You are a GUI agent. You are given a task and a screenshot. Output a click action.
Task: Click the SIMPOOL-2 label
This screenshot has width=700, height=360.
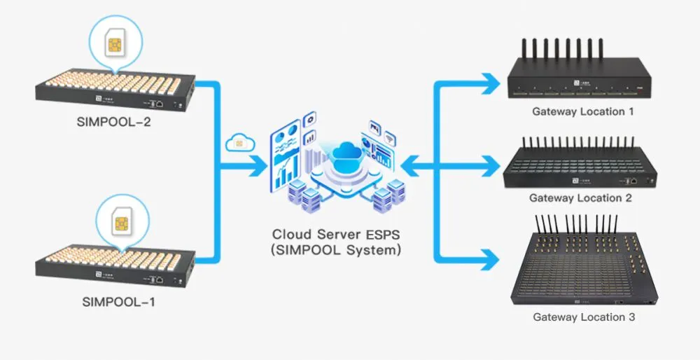click(x=114, y=122)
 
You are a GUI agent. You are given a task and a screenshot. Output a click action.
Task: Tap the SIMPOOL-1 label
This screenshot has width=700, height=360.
click(x=119, y=302)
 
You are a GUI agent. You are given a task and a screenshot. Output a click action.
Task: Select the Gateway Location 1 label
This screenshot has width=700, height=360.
click(x=582, y=111)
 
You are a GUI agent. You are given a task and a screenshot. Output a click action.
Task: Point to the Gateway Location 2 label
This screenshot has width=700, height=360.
click(x=581, y=198)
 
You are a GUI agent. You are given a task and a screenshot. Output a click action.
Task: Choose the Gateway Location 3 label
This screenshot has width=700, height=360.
click(x=584, y=317)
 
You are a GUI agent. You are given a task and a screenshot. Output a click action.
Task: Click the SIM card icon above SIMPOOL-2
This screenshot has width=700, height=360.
click(x=115, y=46)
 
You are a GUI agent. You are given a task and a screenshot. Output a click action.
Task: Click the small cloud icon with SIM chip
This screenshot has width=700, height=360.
click(x=240, y=142)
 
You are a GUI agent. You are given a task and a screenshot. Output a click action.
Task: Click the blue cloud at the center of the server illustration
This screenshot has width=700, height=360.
click(x=347, y=151)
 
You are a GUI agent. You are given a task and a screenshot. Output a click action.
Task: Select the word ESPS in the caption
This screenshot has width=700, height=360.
click(x=380, y=234)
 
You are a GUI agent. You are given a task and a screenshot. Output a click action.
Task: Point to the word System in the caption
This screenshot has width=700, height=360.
click(x=372, y=249)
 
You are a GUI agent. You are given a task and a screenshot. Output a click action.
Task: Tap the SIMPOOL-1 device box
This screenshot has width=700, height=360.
click(x=115, y=265)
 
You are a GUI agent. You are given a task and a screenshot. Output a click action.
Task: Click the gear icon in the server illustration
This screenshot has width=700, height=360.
click(x=310, y=119)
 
